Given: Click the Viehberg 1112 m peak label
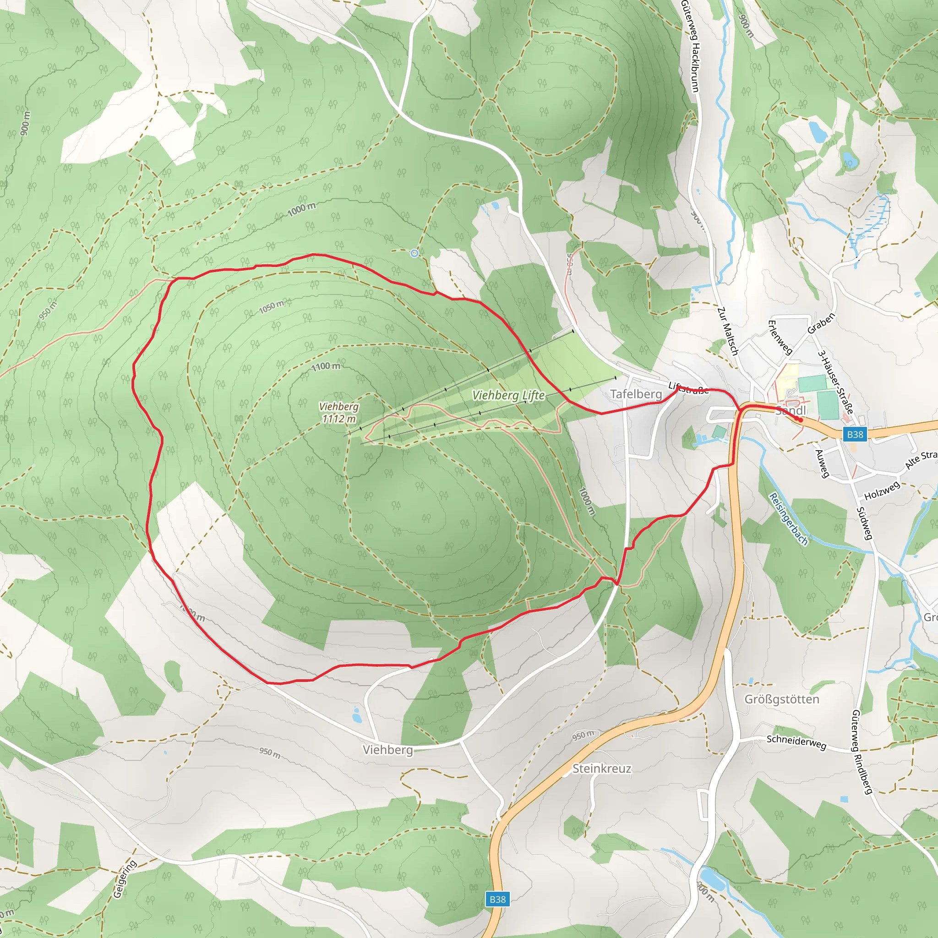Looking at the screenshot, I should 339,413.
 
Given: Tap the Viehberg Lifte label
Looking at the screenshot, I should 508,395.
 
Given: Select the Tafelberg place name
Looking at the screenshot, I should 636,394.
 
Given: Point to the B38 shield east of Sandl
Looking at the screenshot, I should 855,434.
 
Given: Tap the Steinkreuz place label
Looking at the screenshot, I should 601,769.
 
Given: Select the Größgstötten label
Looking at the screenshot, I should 782,699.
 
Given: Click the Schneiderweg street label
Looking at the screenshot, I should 796,742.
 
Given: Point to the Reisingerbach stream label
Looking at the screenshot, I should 789,518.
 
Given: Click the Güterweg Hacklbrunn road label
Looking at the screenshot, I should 690,46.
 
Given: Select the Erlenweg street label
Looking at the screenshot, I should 780,337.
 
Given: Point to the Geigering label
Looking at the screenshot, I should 125,879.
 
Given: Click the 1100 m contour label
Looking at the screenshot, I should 326,366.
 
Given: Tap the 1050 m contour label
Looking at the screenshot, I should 272,307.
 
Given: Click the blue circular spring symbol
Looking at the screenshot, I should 414,253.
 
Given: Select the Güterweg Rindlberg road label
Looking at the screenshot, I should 863,752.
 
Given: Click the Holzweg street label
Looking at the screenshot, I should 882,491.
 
